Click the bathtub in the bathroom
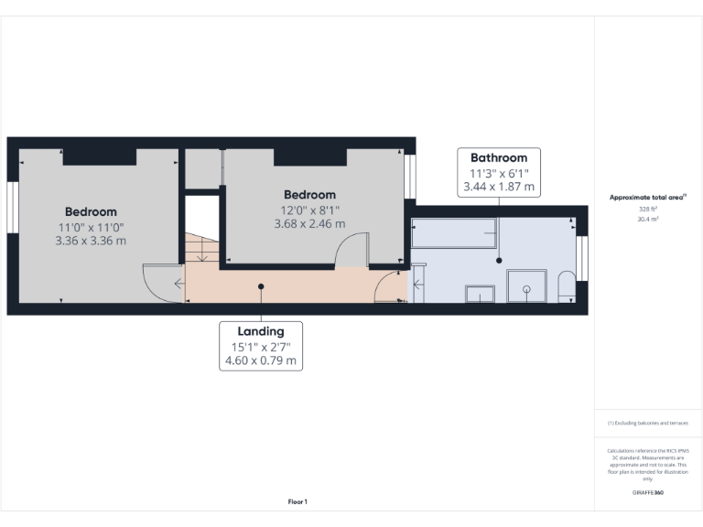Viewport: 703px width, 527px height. [x=453, y=233]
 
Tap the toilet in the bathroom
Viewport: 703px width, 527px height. [x=565, y=286]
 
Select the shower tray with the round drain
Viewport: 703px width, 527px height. [x=526, y=285]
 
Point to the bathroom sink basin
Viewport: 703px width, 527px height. [x=481, y=293]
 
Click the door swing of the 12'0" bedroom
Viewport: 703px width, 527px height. [x=351, y=251]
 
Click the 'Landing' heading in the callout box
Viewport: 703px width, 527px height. [x=260, y=331]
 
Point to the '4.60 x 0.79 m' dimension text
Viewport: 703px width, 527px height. [x=260, y=360]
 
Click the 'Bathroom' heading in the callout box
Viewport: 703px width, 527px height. [x=499, y=157]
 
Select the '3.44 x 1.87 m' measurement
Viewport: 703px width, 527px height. [x=499, y=187]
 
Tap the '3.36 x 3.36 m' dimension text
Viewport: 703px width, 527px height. [x=90, y=242]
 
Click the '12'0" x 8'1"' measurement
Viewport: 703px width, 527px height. [x=309, y=210]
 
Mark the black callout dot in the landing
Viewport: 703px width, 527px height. [x=261, y=286]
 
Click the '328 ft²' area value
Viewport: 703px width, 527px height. [x=648, y=210]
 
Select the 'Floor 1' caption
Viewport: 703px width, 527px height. [x=297, y=501]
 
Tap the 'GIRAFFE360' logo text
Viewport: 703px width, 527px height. [x=648, y=492]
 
